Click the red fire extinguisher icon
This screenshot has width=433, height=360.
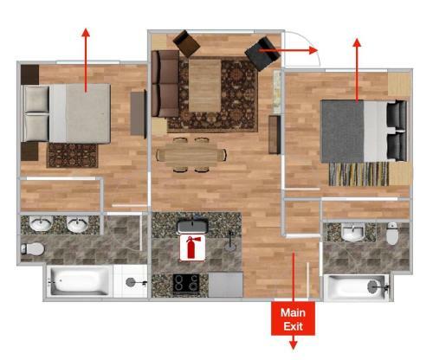point(192,247)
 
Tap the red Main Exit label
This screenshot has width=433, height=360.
point(293,318)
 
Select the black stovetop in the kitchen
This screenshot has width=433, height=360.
point(186,284)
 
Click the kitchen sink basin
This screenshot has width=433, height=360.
point(192,226)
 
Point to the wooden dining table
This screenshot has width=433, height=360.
point(191,155)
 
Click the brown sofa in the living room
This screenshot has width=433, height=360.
point(165,84)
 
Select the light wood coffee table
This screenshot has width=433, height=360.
point(205,86)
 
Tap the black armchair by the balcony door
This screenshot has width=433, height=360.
point(262,54)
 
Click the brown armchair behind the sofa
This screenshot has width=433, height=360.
point(186,43)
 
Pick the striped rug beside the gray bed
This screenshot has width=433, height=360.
point(359,174)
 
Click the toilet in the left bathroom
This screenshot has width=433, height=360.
point(33,248)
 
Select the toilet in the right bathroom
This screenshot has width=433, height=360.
point(392,234)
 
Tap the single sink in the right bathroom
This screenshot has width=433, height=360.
point(352,233)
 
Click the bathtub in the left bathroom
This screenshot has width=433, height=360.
point(79,280)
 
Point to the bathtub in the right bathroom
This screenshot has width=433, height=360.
point(357,287)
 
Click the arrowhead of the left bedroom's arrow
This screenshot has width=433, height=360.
point(86,32)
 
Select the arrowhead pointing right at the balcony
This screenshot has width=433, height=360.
point(313,50)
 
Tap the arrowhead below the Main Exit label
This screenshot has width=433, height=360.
point(294,345)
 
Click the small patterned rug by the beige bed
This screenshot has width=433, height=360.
point(73,156)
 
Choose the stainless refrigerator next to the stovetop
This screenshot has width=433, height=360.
point(225,285)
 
